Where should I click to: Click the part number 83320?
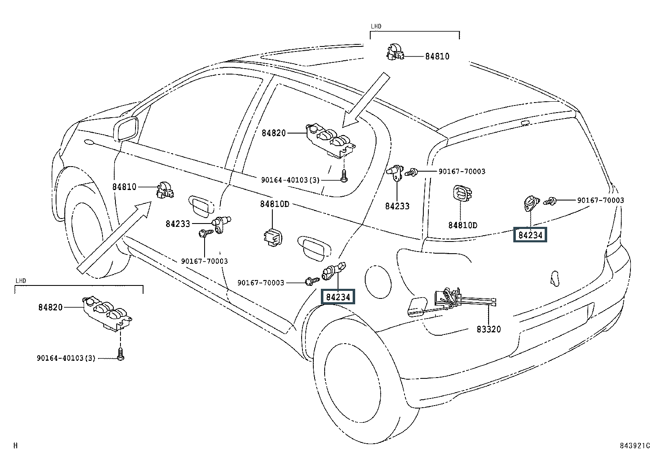pos(489,329)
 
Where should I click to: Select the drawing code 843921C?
pos(635,445)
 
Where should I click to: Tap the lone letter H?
pos(15,445)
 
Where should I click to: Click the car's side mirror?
pos(126,128)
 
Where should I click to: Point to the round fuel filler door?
pos(378,282)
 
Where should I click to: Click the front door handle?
pos(201,205)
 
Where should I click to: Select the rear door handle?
pos(314,249)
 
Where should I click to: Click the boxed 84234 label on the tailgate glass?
pos(530,235)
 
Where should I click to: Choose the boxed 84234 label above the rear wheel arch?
pos(338,297)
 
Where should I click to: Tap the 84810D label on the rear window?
pos(463,225)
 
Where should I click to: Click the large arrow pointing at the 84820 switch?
pos(365,100)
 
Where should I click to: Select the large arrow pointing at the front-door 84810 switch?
pos(114,237)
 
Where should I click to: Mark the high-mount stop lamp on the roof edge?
pos(525,123)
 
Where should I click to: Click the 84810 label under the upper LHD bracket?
pos(437,56)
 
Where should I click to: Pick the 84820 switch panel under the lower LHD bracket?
pos(108,314)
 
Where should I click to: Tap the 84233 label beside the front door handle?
pos(178,224)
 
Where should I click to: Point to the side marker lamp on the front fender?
pos(89,142)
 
